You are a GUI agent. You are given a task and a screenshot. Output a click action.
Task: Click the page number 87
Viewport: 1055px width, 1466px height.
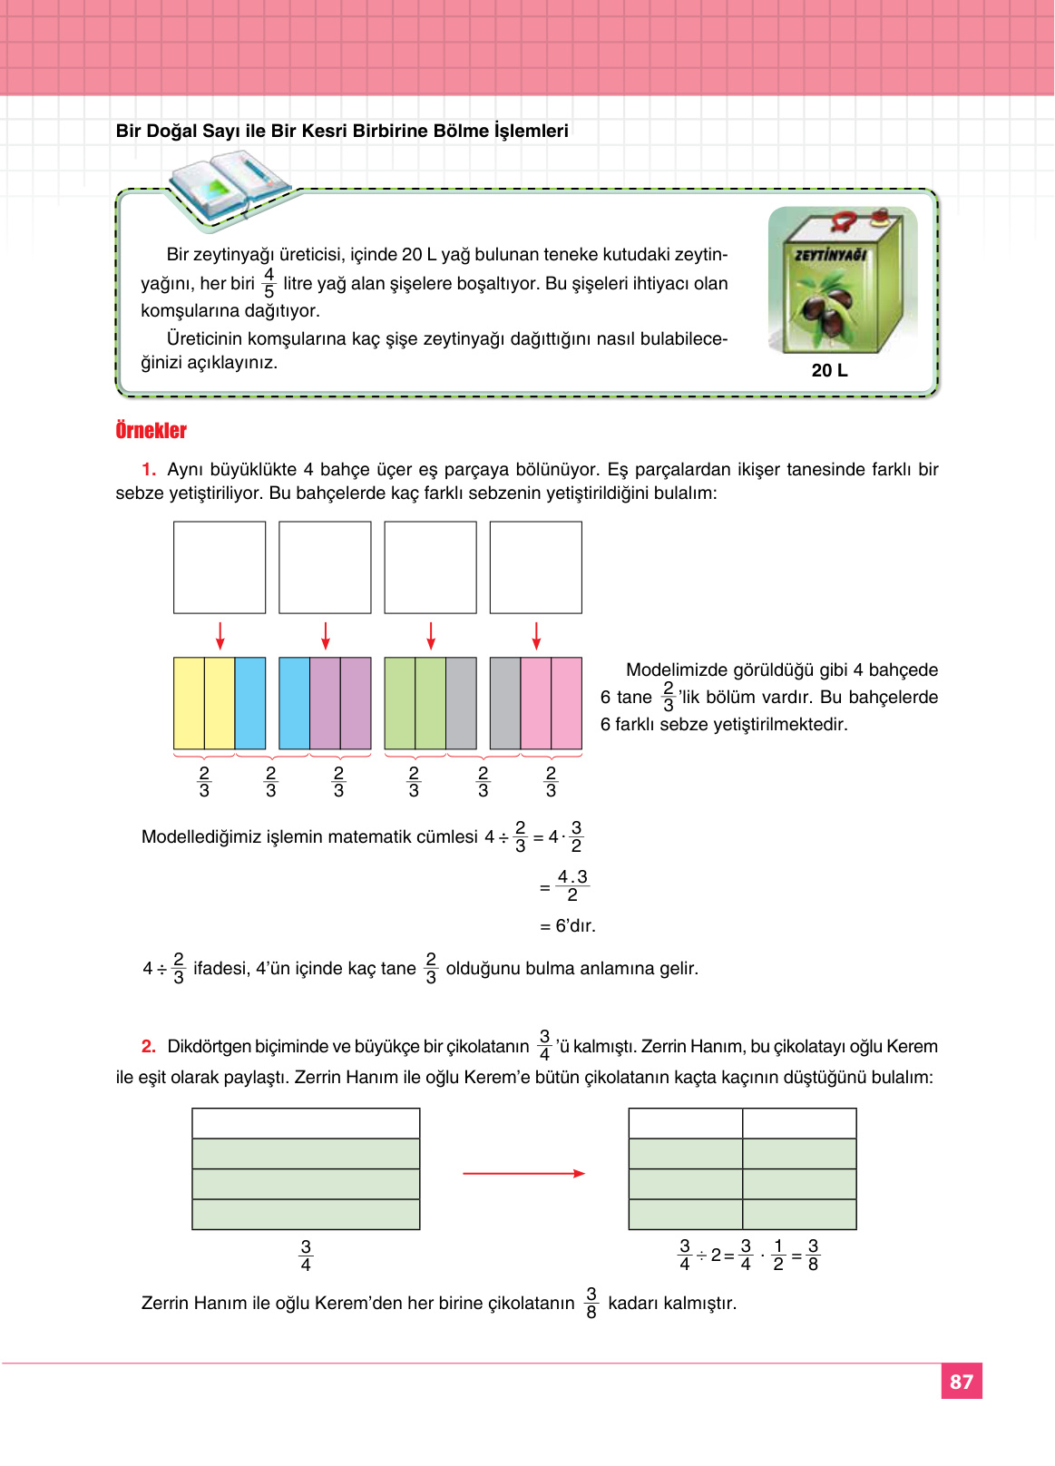point(961,1381)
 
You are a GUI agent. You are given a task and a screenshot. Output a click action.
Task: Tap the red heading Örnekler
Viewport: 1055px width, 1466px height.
point(151,430)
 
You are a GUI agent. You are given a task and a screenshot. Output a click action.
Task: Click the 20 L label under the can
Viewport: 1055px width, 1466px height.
point(829,370)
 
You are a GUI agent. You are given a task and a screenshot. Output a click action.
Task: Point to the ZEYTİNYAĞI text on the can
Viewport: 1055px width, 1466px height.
point(830,255)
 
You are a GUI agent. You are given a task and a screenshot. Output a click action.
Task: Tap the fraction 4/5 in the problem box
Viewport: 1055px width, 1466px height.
point(269,283)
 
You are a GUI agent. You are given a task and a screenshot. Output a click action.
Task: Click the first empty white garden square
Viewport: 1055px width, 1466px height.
point(220,567)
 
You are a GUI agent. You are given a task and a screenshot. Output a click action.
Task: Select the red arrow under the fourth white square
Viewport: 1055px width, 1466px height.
point(536,635)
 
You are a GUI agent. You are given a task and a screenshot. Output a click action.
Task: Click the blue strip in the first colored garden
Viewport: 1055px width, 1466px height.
point(250,703)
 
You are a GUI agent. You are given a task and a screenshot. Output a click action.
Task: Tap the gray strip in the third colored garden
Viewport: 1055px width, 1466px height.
point(461,703)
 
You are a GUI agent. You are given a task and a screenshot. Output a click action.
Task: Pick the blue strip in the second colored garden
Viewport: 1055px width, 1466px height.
point(294,703)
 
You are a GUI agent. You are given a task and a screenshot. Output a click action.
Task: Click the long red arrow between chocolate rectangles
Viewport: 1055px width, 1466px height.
point(523,1173)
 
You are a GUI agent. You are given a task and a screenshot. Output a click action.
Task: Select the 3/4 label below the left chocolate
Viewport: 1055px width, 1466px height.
point(306,1256)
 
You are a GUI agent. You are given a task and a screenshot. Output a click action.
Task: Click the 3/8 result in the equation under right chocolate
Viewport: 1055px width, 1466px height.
point(813,1256)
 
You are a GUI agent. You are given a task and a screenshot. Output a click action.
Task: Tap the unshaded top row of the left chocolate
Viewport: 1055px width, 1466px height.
point(306,1123)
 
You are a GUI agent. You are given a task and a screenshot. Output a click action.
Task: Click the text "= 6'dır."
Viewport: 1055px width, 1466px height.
point(568,926)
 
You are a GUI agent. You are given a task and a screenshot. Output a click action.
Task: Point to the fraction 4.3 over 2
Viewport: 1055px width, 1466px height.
point(572,885)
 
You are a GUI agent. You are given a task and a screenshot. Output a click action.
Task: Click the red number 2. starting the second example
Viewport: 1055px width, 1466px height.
point(149,1046)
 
